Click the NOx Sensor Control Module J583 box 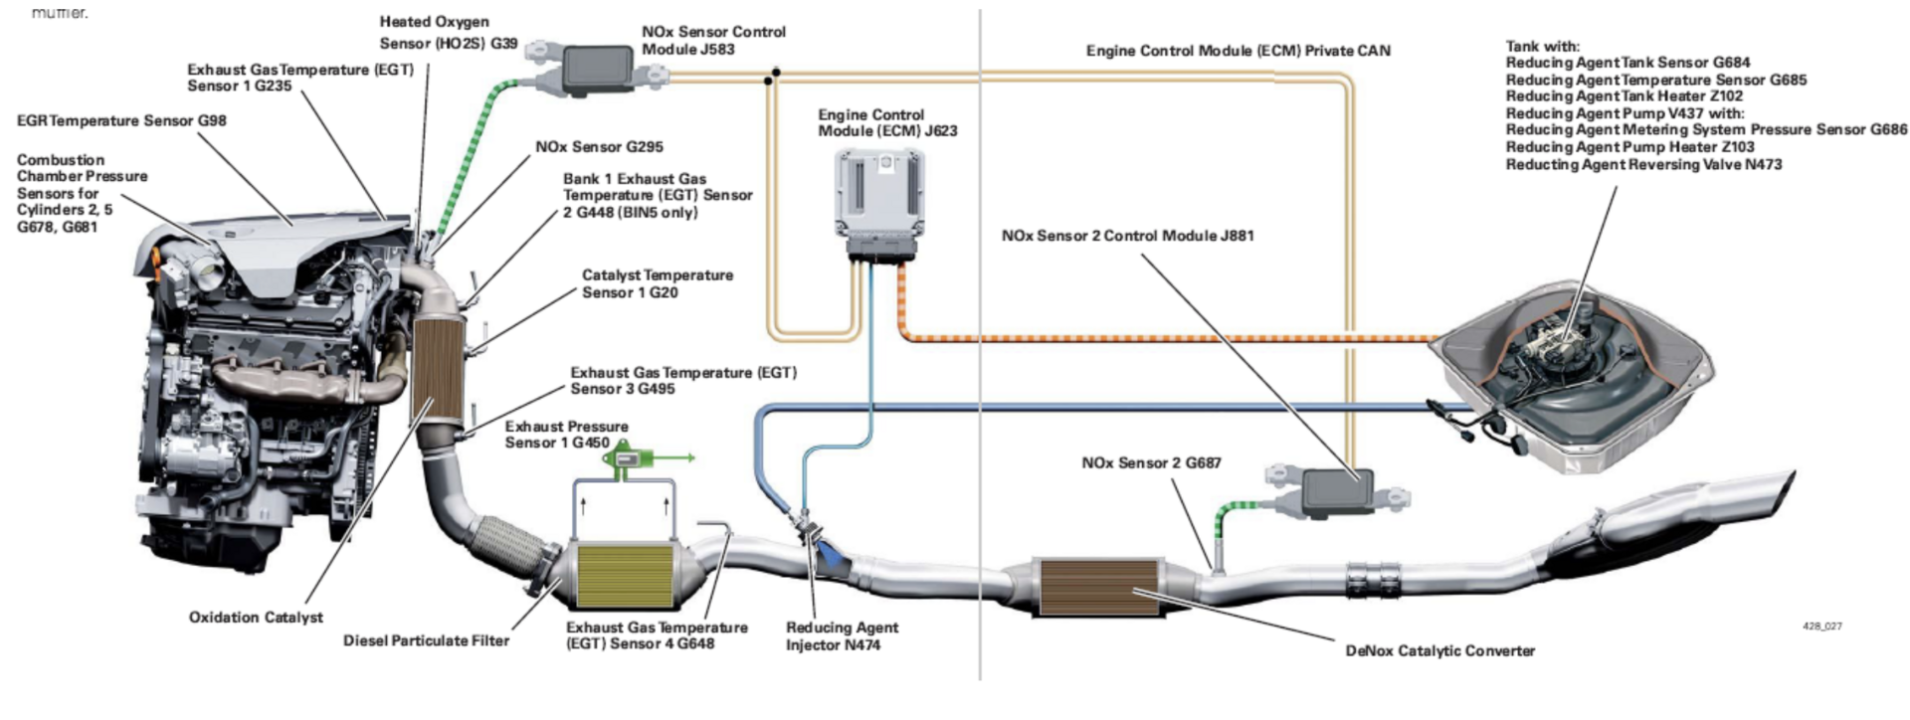tap(599, 66)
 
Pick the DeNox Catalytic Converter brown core tap(1099, 588)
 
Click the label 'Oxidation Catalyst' tap(256, 618)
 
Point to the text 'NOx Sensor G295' tap(599, 147)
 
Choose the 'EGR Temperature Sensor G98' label tap(121, 120)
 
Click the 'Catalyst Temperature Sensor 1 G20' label tap(657, 283)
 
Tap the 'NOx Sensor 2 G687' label tap(1151, 462)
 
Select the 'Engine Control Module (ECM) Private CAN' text tap(1238, 50)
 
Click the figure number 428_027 tap(1821, 627)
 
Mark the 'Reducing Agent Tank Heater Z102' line tap(1623, 96)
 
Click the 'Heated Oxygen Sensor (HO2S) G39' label tap(447, 32)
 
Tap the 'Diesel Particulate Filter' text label tap(426, 640)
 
